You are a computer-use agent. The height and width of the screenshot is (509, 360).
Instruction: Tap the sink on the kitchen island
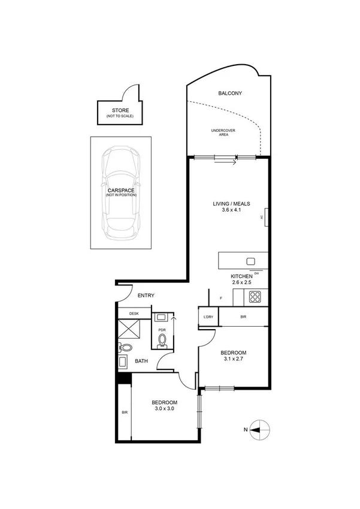click(250, 261)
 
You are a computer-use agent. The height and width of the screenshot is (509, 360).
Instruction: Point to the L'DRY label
click(207, 316)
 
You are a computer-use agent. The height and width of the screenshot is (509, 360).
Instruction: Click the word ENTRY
click(146, 296)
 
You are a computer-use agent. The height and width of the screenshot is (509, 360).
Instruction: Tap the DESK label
click(134, 313)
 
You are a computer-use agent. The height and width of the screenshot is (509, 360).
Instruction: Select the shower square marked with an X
click(129, 329)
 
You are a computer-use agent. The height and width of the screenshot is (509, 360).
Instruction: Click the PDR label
click(162, 330)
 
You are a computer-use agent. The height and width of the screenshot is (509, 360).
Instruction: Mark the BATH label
click(141, 361)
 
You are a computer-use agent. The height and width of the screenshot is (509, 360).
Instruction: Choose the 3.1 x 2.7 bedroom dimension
click(232, 360)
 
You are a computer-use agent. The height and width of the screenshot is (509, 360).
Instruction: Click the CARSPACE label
click(121, 190)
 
